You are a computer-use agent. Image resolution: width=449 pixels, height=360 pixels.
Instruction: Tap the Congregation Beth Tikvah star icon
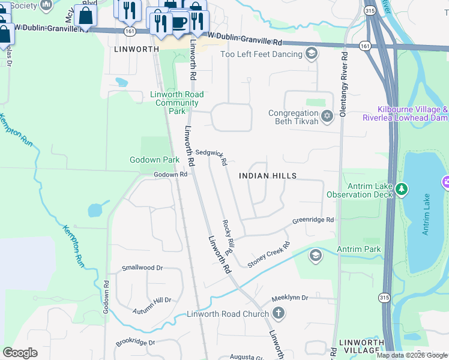(327, 116)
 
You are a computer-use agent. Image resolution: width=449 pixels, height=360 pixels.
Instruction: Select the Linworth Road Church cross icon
(278, 313)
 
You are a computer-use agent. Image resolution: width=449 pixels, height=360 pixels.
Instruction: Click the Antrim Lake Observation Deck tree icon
(402, 190)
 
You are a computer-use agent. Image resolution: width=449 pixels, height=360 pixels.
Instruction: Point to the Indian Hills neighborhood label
(268, 176)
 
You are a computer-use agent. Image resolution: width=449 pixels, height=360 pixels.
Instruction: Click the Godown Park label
(154, 160)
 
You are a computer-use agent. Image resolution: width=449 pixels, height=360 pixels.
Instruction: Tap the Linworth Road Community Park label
(177, 103)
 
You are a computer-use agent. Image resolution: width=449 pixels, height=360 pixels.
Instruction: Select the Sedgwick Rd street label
(211, 157)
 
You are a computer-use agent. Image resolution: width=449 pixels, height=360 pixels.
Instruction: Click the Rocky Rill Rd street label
(228, 236)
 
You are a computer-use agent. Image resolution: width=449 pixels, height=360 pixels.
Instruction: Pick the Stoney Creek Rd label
(269, 251)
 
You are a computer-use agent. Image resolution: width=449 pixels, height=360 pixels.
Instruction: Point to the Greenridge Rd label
(313, 220)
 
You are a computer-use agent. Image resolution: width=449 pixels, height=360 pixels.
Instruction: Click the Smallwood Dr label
(142, 268)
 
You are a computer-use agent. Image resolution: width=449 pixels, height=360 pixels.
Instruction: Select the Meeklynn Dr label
(289, 298)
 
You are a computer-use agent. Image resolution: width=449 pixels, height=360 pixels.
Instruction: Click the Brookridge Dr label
(136, 343)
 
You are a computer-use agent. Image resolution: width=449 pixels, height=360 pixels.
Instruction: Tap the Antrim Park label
(359, 249)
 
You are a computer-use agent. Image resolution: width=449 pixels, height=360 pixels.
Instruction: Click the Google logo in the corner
(20, 353)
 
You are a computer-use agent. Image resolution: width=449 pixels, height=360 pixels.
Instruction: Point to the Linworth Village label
(361, 346)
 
